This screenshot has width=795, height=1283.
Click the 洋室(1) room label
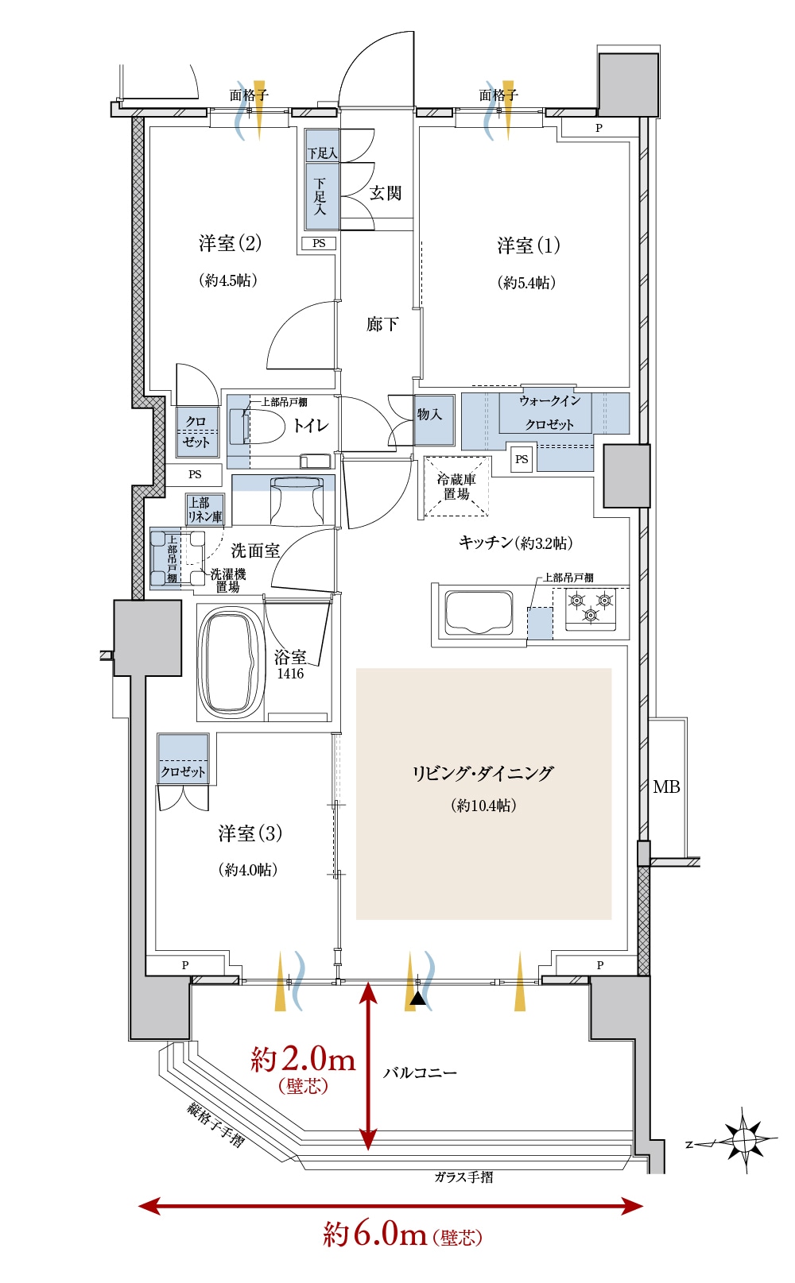click(x=528, y=245)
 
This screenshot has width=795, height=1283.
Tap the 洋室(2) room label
click(x=230, y=243)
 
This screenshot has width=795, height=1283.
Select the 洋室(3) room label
click(x=250, y=833)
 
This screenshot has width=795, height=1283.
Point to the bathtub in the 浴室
click(x=231, y=663)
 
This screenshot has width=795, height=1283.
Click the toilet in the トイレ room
click(x=258, y=427)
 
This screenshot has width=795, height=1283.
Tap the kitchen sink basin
click(x=479, y=613)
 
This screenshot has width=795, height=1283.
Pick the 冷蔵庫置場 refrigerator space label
click(x=456, y=486)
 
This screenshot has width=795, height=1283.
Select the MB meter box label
click(x=666, y=787)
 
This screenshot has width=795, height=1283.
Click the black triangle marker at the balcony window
click(x=418, y=999)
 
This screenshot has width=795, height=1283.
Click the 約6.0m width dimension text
click(x=375, y=1233)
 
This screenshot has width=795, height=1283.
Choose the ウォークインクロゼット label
click(x=549, y=412)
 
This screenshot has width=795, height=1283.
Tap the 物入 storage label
click(x=429, y=414)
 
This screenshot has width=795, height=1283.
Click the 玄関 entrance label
click(x=385, y=194)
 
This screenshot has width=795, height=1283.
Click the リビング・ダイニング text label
click(x=483, y=773)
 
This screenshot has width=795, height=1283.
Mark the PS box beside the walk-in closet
click(x=522, y=459)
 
